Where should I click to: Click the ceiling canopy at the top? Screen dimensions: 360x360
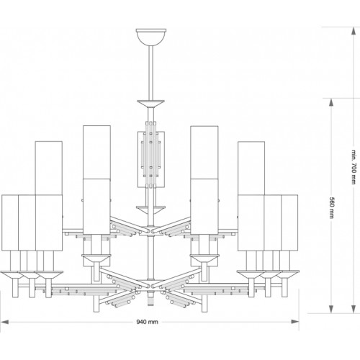click(x=151, y=35)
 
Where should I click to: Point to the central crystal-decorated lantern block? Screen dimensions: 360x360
click(x=151, y=157)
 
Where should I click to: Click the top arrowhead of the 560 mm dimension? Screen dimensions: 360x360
click(x=331, y=102)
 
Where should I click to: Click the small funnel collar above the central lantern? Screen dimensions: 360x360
click(x=151, y=106)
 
